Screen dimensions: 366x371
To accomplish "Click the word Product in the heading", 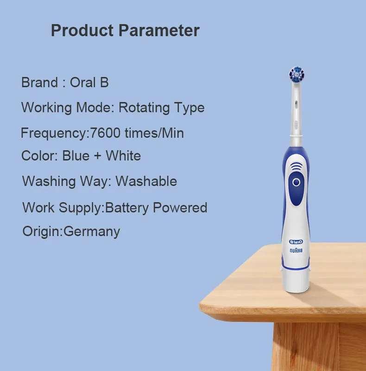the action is click(x=82, y=30).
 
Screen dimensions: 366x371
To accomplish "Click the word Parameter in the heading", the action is click(x=159, y=30).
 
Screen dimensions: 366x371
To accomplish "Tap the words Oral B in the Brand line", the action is click(x=89, y=83).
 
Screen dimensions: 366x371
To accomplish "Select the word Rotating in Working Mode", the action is click(x=144, y=108).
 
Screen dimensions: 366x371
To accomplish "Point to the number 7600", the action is click(x=105, y=133).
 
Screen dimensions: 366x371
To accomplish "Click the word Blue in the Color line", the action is click(x=76, y=156).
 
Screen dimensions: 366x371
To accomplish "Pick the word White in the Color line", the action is click(x=123, y=156).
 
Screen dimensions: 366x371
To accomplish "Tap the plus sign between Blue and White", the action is click(x=97, y=156).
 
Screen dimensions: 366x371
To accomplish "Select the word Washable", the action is click(x=146, y=181).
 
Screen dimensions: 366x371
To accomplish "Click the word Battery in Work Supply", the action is click(x=127, y=208).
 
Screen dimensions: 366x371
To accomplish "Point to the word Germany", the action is click(x=92, y=231).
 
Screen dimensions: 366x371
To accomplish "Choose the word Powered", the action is click(x=180, y=207).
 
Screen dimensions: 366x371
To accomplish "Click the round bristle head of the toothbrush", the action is click(x=297, y=75).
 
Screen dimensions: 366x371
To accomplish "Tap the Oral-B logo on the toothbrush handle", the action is click(x=296, y=242).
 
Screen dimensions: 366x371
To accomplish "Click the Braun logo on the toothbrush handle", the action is click(x=296, y=250).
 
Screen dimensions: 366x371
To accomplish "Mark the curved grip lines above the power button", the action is click(x=296, y=166).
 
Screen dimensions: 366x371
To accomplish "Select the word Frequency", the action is click(x=54, y=133).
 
